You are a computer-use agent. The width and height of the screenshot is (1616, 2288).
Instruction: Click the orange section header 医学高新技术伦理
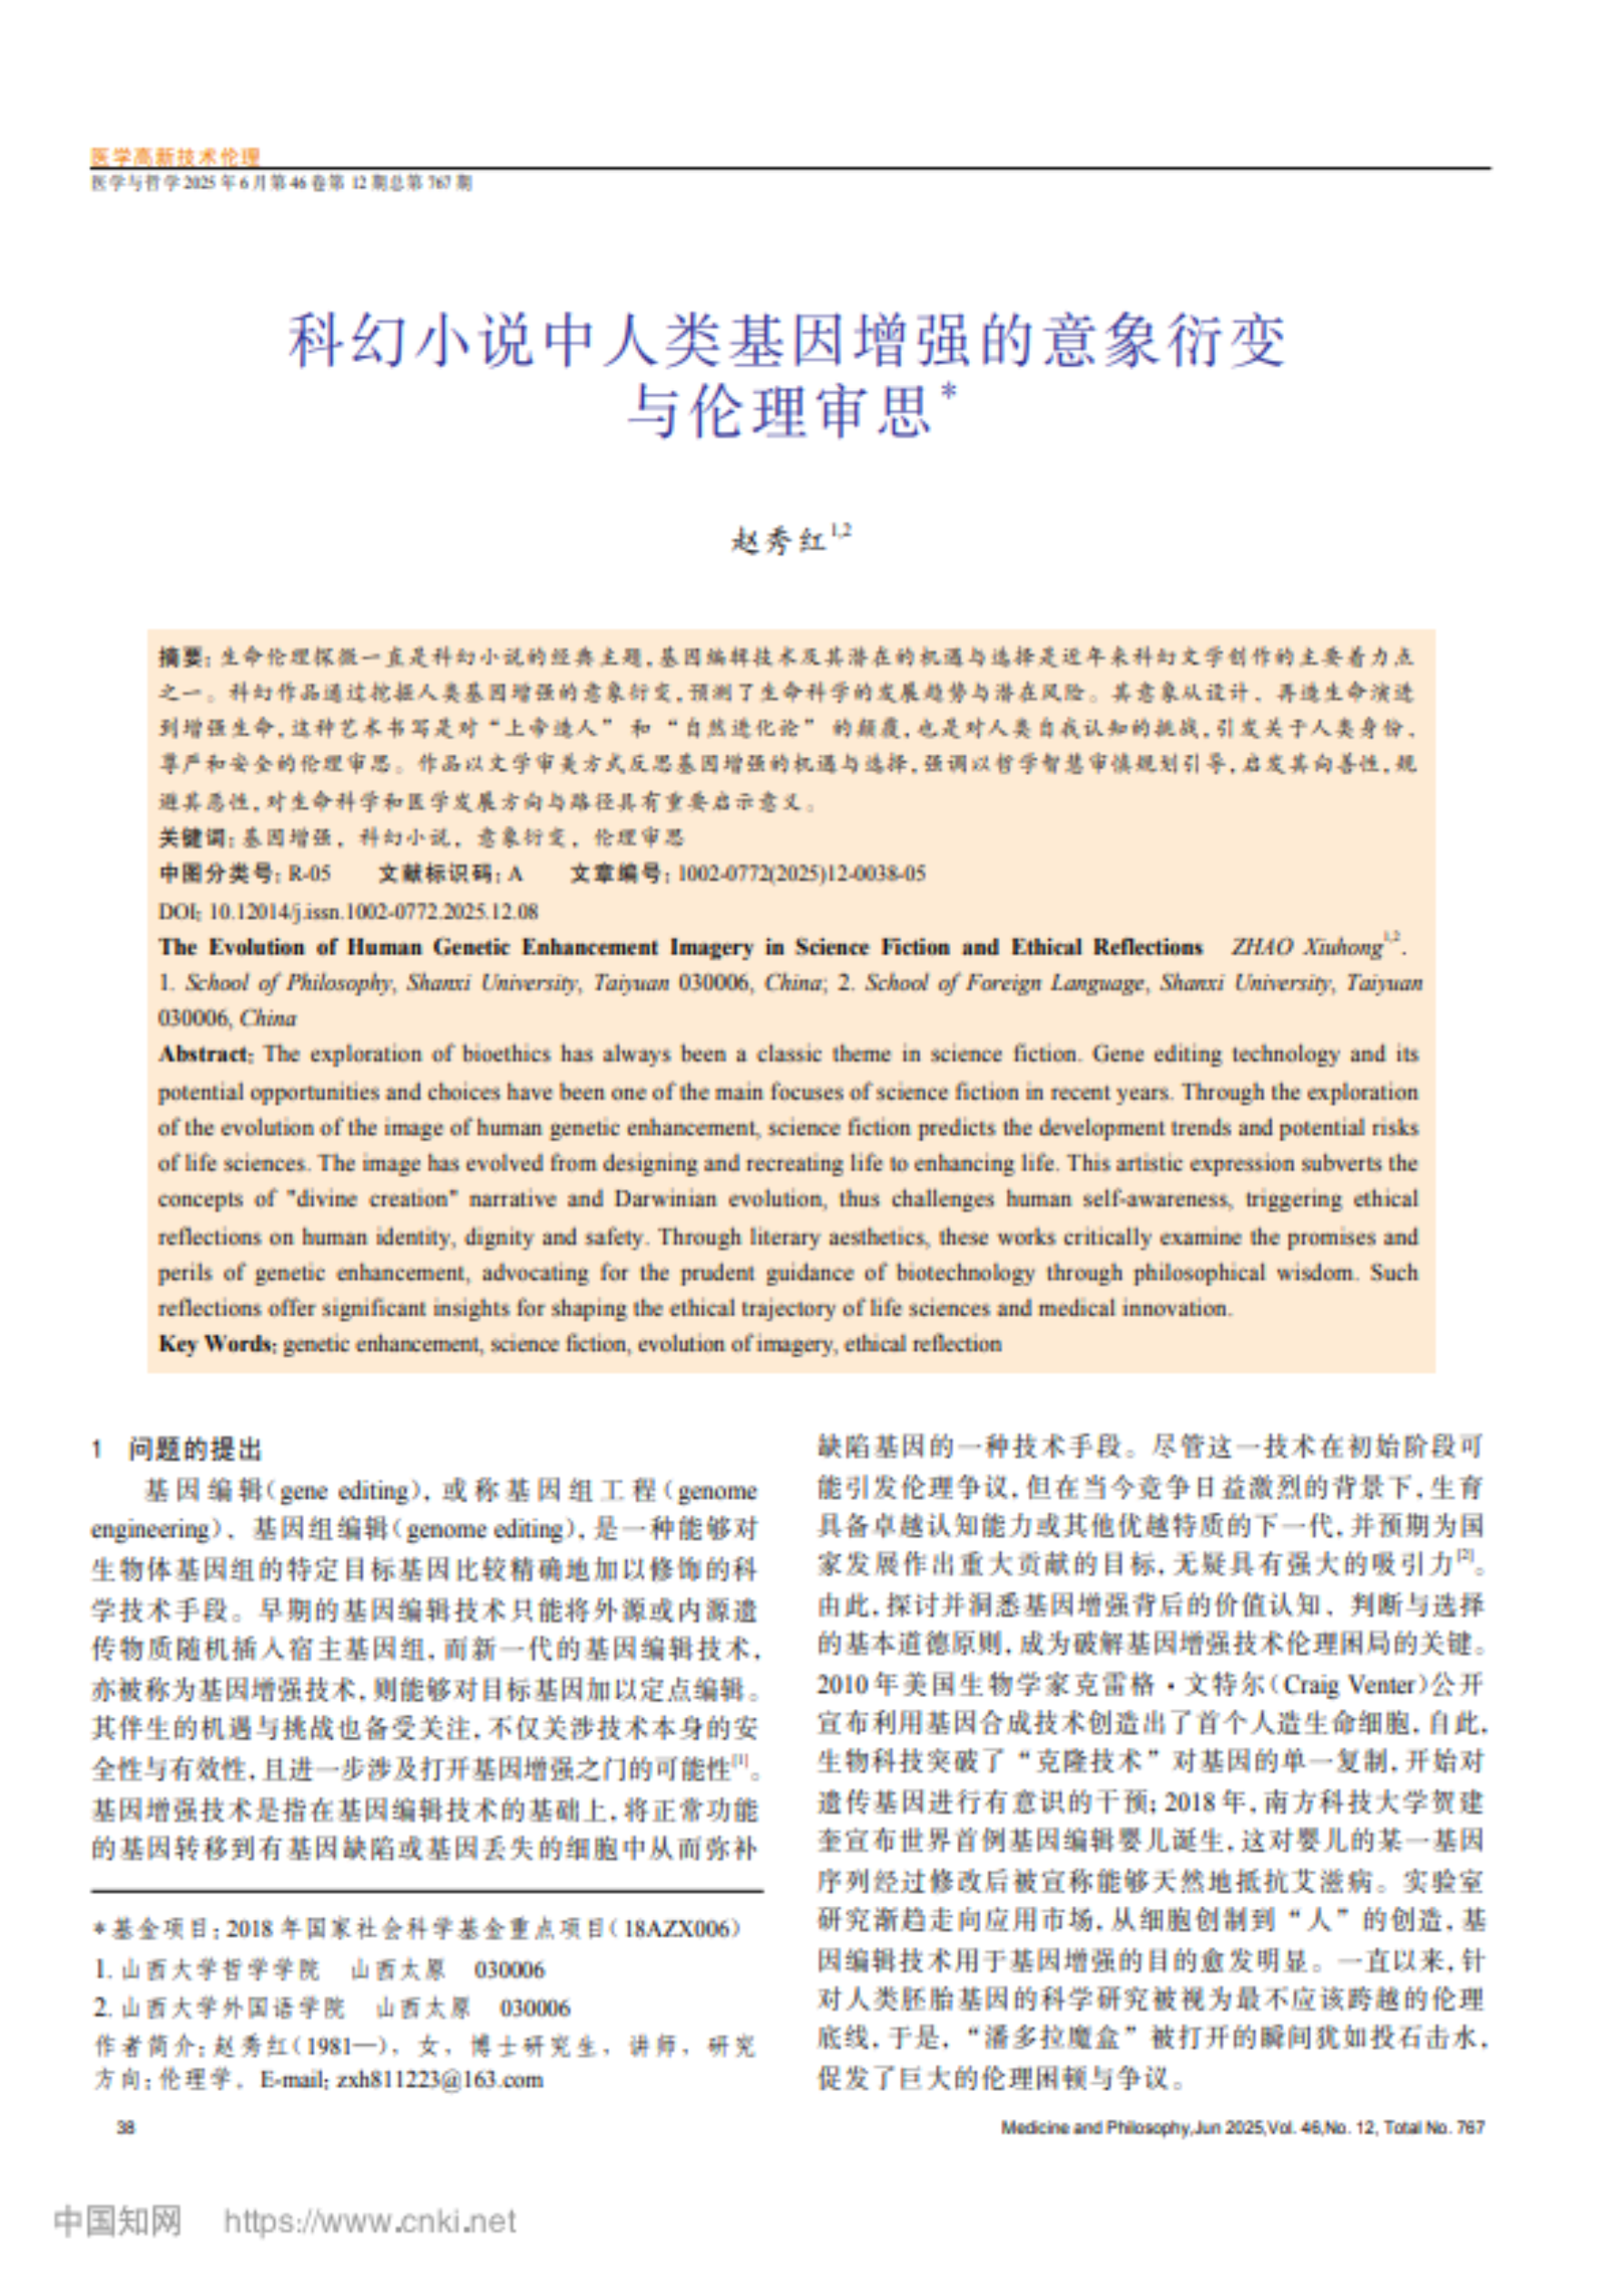pyautogui.click(x=175, y=156)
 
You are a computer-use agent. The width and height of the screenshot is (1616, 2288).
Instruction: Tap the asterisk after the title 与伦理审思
pyautogui.click(x=947, y=389)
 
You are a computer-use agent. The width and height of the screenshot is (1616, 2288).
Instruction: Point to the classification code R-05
pyautogui.click(x=309, y=874)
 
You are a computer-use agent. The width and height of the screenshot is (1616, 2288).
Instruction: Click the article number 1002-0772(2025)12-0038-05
pyautogui.click(x=801, y=874)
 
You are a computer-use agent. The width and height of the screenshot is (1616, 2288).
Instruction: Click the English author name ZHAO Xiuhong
pyautogui.click(x=1307, y=947)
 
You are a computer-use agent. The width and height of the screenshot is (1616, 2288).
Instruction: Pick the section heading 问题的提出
pyautogui.click(x=194, y=1448)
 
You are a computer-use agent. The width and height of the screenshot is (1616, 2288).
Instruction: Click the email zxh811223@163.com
pyautogui.click(x=439, y=2080)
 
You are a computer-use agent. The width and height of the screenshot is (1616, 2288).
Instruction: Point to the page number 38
pyautogui.click(x=125, y=2126)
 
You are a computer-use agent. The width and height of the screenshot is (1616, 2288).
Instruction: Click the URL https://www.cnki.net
pyautogui.click(x=368, y=2221)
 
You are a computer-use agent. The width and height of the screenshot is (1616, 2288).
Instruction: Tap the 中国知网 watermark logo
pyautogui.click(x=118, y=2220)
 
